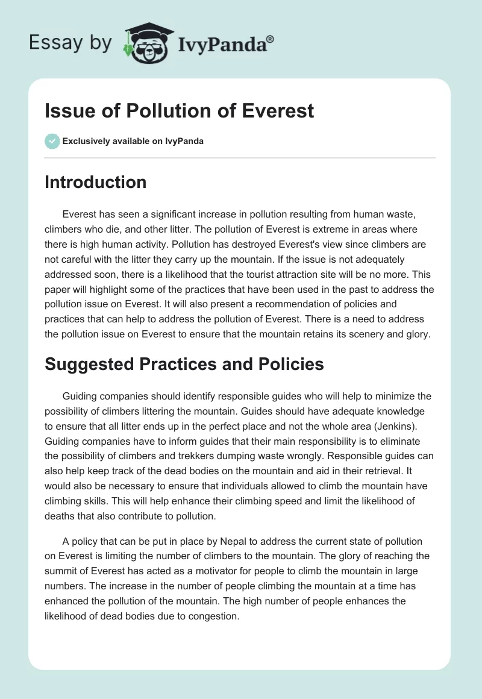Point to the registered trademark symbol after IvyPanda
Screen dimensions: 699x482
[271, 39]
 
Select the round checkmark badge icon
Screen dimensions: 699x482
[52, 141]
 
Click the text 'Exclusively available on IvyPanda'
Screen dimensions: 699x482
[133, 141]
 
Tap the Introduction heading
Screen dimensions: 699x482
[95, 182]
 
